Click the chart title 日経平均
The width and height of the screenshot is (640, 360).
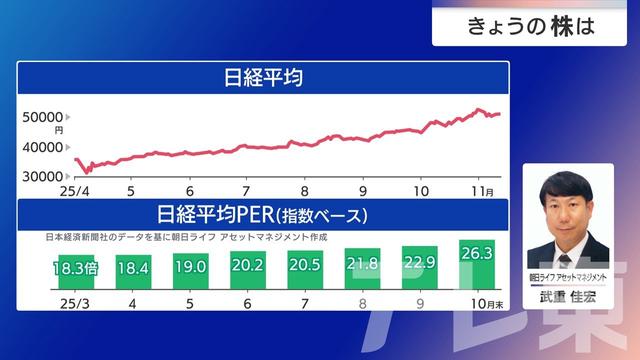263,77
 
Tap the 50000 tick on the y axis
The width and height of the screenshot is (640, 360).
43,117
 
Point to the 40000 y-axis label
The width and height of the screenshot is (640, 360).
43,147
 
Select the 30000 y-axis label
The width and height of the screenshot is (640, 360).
43,176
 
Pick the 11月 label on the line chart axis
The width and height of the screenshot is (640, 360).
482,190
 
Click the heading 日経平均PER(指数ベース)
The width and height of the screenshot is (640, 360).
263,214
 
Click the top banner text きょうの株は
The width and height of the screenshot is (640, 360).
530,27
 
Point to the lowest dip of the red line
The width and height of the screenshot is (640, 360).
88,172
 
